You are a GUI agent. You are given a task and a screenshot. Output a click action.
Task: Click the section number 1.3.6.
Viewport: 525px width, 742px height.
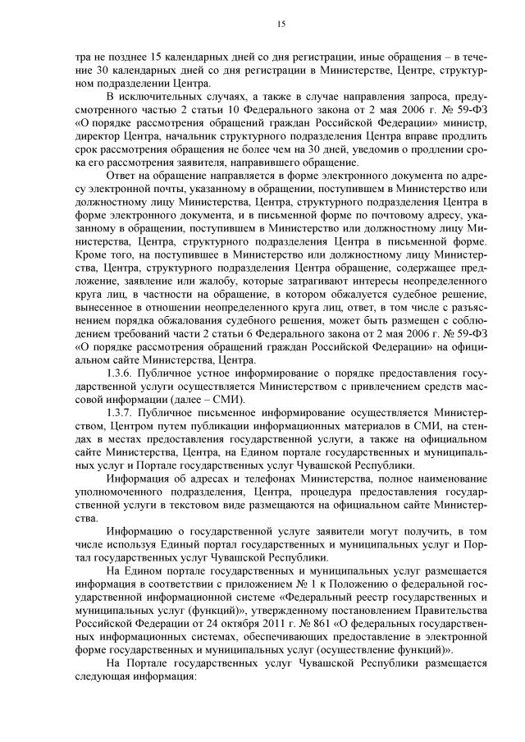pyautogui.click(x=121, y=372)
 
